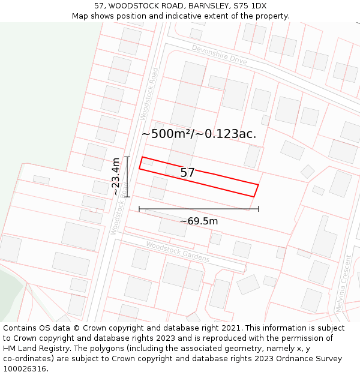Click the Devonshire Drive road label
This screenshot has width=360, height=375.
pyautogui.click(x=220, y=55)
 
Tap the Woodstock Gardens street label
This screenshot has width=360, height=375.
pyautogui.click(x=178, y=251)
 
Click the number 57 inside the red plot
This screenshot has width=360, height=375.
pyautogui.click(x=188, y=173)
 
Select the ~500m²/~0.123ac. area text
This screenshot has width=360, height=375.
pyautogui.click(x=199, y=134)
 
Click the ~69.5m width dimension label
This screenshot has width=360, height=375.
pyautogui.click(x=199, y=221)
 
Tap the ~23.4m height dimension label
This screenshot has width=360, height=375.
pyautogui.click(x=115, y=176)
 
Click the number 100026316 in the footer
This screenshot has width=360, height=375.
pyautogui.click(x=25, y=369)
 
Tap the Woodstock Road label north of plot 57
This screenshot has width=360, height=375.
pyautogui.click(x=149, y=93)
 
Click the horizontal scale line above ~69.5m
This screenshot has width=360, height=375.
pyautogui.click(x=199, y=209)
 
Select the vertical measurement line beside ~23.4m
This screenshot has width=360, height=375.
pyautogui.click(x=127, y=176)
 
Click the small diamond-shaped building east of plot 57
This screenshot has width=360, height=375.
pyautogui.click(x=308, y=172)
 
